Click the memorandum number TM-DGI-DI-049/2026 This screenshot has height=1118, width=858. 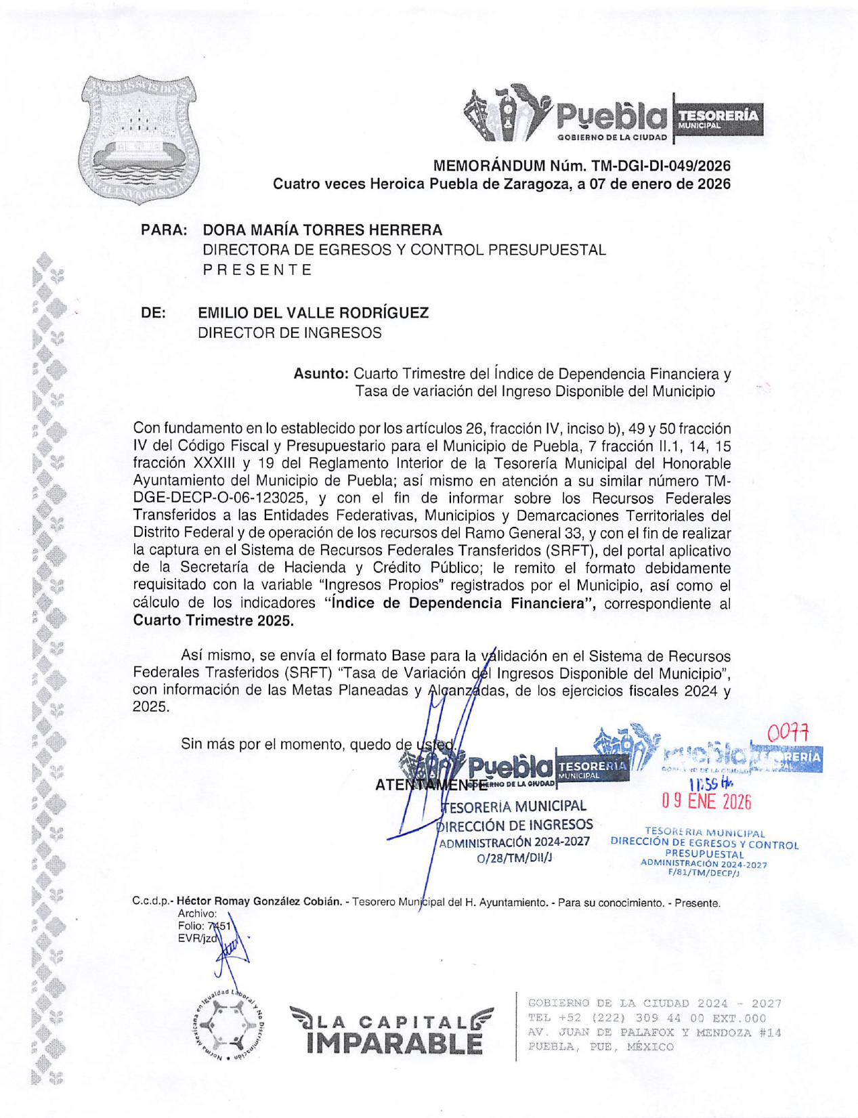coord(661,166)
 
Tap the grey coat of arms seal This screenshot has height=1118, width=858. coord(139,139)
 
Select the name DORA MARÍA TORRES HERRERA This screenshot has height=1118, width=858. coord(322,230)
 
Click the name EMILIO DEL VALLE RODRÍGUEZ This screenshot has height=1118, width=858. coord(313,313)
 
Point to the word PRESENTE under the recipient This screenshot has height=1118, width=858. coord(257,270)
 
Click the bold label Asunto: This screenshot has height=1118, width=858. coord(321,374)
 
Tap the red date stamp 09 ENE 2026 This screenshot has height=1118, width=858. coord(706,802)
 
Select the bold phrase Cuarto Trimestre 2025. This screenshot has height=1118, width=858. coord(213,620)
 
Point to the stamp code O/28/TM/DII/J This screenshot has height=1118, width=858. coord(515,858)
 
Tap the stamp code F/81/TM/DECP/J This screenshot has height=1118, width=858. coord(704,874)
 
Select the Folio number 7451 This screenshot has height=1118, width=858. coord(219,926)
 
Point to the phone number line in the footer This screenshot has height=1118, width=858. coord(647,1018)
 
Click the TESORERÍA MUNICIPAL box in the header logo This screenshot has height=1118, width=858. coord(718,119)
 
